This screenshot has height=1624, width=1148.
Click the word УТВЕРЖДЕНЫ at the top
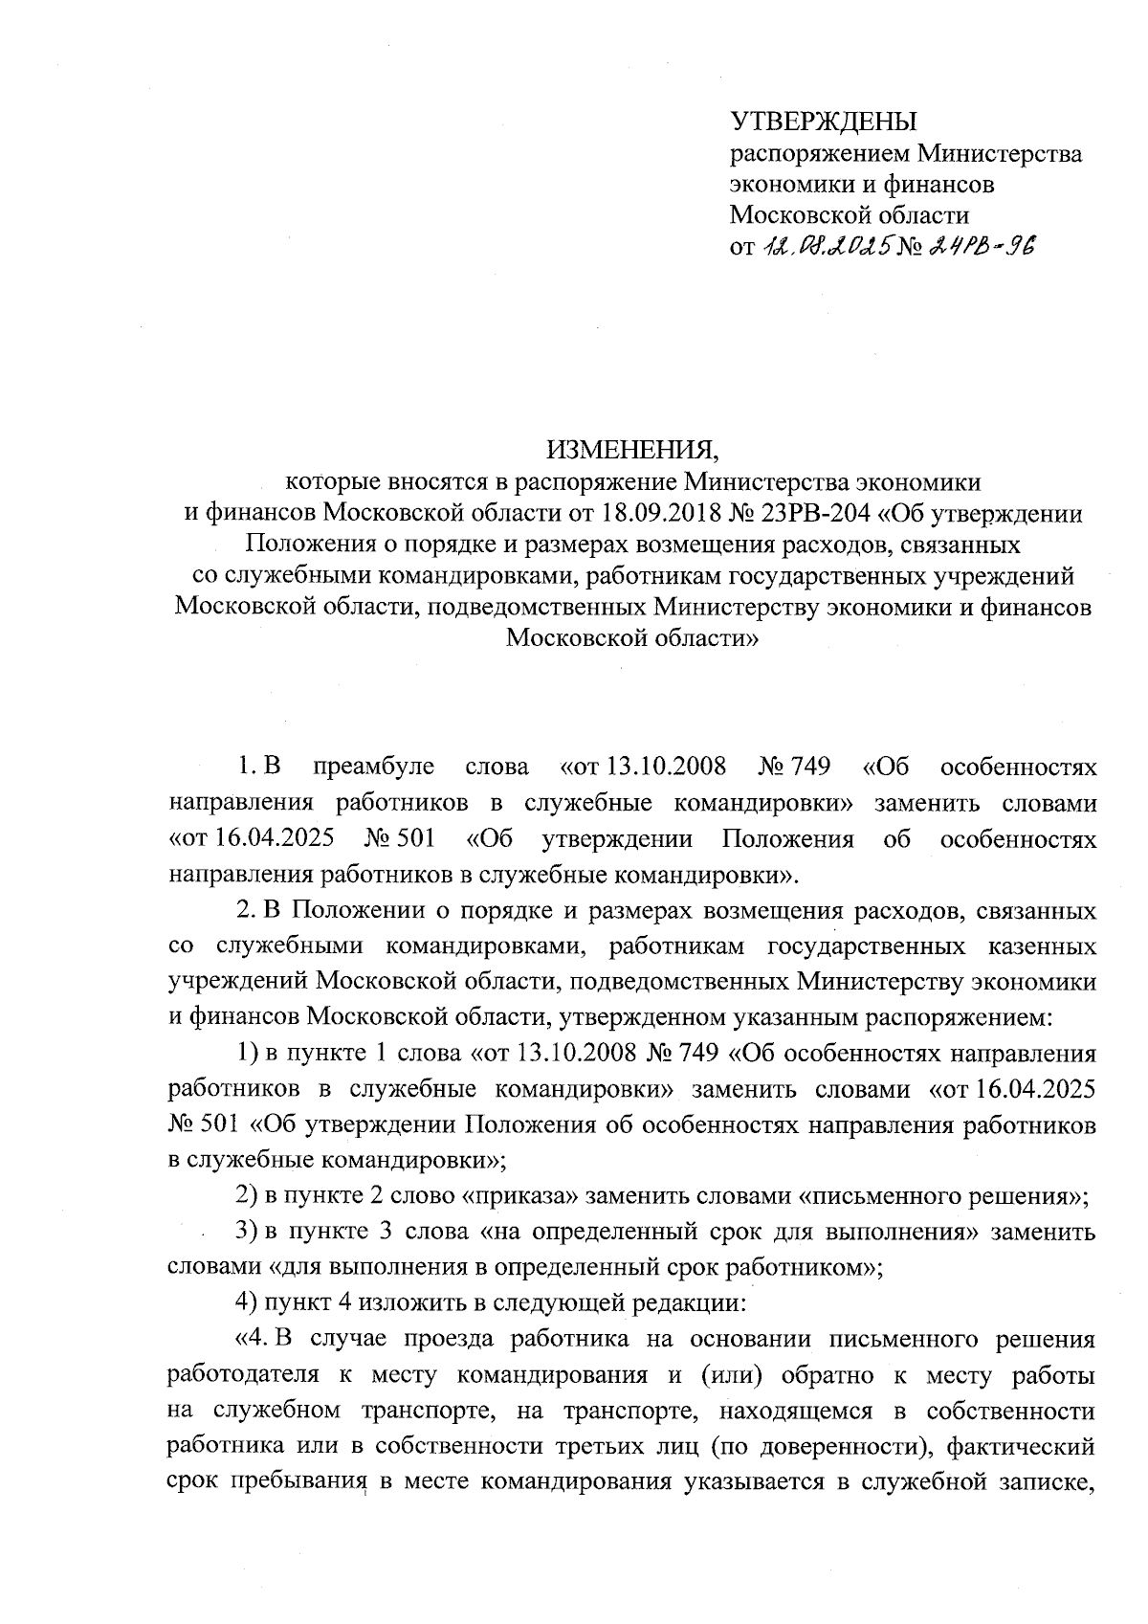tap(823, 122)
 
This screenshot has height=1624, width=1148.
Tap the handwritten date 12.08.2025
tap(827, 247)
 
